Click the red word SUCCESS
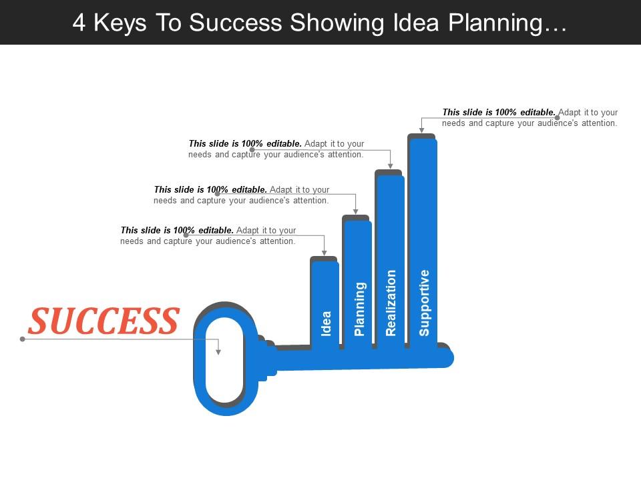point(103,321)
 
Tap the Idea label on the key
point(326,323)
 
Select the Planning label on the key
point(359,309)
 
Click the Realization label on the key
point(391,302)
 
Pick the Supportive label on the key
point(424,302)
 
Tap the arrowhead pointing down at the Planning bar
point(356,211)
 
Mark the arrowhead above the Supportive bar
point(421,129)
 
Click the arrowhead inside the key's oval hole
point(218,351)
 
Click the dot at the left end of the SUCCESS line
point(23,339)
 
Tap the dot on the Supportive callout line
point(558,118)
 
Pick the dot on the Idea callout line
point(186,235)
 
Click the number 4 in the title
point(79,22)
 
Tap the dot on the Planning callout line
point(217,194)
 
